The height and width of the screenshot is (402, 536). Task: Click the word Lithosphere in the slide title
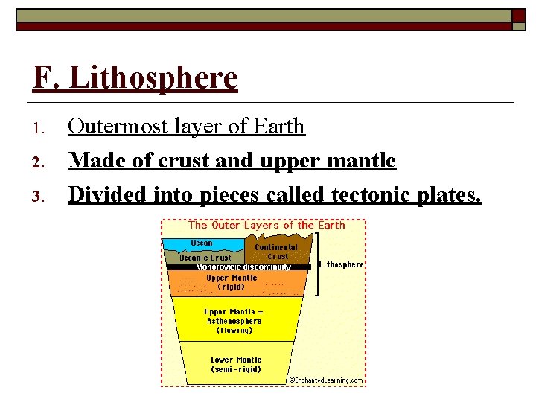pyautogui.click(x=153, y=78)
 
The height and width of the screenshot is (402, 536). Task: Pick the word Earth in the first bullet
pyautogui.click(x=278, y=127)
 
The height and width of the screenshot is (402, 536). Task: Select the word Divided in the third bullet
pyautogui.click(x=108, y=195)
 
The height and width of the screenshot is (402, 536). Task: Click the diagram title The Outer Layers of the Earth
pyautogui.click(x=267, y=225)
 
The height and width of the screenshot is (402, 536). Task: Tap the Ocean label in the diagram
pyautogui.click(x=202, y=243)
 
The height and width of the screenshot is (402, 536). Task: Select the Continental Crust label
pyautogui.click(x=276, y=252)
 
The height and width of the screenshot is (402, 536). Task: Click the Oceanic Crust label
pyautogui.click(x=205, y=258)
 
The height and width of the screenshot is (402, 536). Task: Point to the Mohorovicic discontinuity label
pyautogui.click(x=243, y=267)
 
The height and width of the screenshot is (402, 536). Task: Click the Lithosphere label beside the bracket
pyautogui.click(x=342, y=264)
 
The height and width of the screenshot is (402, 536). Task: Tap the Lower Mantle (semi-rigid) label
pyautogui.click(x=236, y=364)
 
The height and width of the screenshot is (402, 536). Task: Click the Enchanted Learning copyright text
pyautogui.click(x=326, y=380)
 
